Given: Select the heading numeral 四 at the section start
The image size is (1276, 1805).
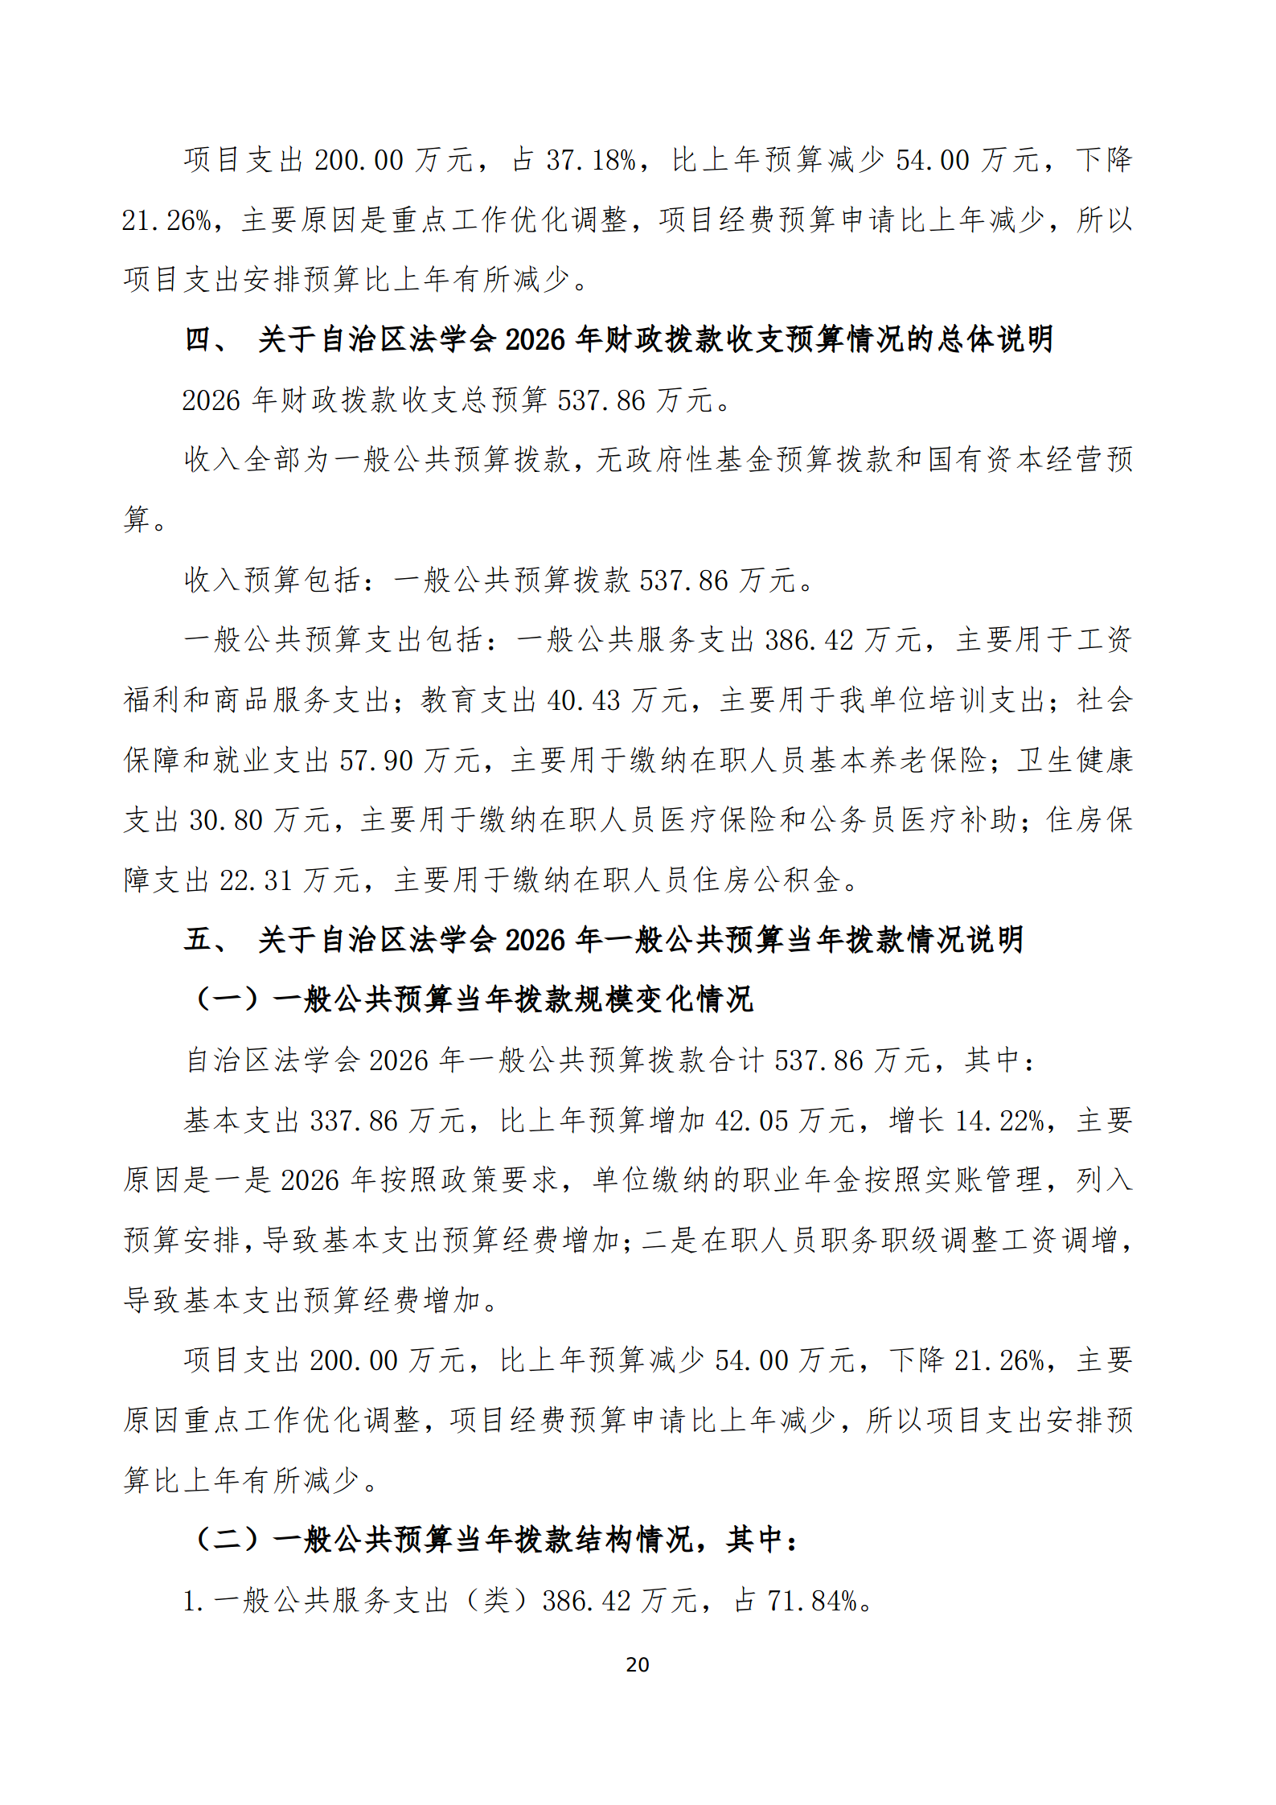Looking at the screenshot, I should [x=198, y=339].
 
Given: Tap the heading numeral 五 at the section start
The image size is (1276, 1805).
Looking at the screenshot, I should [x=198, y=939].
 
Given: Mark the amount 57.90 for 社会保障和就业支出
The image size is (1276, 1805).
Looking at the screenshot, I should [x=375, y=761].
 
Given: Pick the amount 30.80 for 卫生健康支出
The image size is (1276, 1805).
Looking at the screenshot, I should [x=226, y=820].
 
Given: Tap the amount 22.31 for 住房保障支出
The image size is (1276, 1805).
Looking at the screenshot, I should [x=256, y=880].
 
